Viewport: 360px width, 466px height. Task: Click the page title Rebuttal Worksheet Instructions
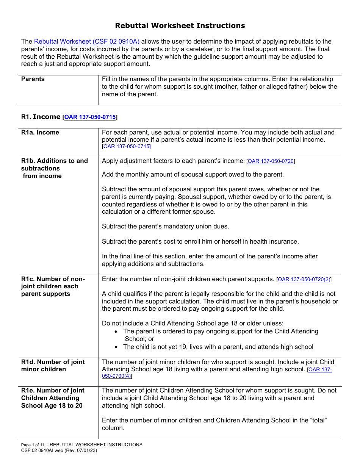click(180, 26)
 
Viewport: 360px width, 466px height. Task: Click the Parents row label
click(33, 79)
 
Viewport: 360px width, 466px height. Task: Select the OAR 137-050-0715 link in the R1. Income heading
click(90, 117)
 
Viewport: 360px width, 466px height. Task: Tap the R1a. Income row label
click(40, 133)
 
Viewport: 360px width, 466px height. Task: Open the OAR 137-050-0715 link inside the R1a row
click(126, 147)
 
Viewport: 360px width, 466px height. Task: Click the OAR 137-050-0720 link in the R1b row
click(271, 161)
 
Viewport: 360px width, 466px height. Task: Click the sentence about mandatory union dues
click(166, 227)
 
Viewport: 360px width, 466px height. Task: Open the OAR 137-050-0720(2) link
click(304, 279)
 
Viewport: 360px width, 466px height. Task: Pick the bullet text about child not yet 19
click(218, 347)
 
